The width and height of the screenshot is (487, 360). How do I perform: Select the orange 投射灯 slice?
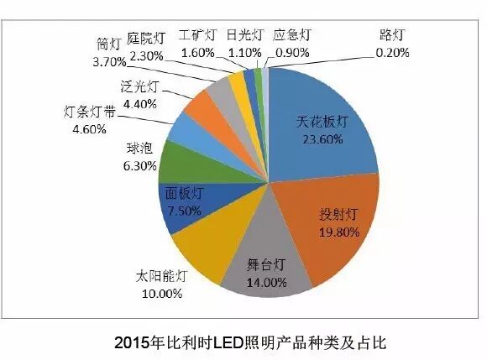(x=323, y=227)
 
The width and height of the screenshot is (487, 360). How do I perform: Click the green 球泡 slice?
(x=177, y=159)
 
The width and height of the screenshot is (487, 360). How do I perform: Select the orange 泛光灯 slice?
(x=202, y=107)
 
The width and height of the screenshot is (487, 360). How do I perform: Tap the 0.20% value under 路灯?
(x=392, y=53)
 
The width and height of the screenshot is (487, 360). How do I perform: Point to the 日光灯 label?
(x=243, y=36)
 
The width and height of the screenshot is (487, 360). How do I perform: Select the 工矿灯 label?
(x=199, y=36)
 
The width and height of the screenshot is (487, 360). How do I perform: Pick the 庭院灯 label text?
(x=150, y=37)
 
